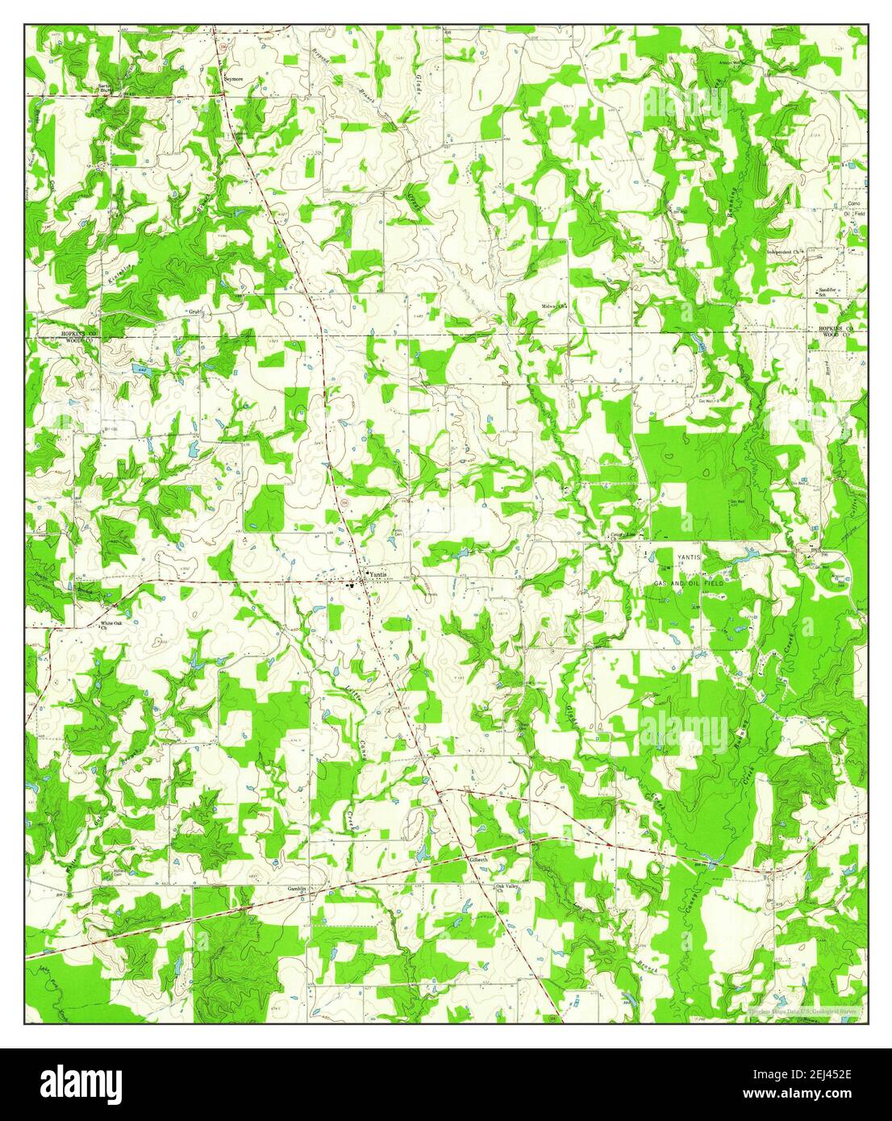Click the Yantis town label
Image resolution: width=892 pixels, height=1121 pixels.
(x=379, y=573)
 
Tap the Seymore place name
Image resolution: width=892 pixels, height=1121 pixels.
(x=232, y=80)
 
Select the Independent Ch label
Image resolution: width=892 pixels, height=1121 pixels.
(x=786, y=252)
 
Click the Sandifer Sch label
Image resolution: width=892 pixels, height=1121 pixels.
(x=825, y=291)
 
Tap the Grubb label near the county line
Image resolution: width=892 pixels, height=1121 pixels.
(x=197, y=311)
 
